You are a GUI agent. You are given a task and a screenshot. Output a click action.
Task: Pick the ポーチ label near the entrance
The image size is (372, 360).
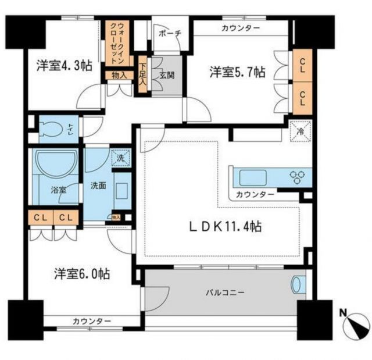[x=170, y=33]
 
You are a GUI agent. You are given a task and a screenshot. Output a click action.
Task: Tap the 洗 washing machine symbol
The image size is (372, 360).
[x=120, y=158]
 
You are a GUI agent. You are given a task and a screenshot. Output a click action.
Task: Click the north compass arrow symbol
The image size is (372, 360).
[x=355, y=325]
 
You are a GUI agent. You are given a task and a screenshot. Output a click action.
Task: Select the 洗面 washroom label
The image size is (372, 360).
[x=97, y=187]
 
